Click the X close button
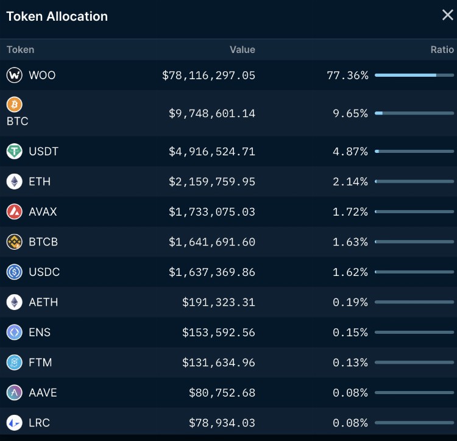[x=447, y=15]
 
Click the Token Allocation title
[x=57, y=16]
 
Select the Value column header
[x=242, y=50]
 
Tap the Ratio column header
[x=442, y=50]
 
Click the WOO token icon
[x=14, y=76]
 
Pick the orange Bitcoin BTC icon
[x=14, y=105]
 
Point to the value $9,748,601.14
[x=212, y=113]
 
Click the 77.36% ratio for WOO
[x=347, y=76]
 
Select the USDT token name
[x=44, y=151]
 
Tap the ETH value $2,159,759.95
[x=212, y=182]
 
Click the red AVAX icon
[x=14, y=212]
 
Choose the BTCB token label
[x=43, y=242]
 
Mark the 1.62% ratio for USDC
[x=350, y=272]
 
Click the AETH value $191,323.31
[x=219, y=302]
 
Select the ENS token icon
[x=14, y=333]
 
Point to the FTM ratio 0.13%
[x=350, y=362]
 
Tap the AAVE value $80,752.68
[x=222, y=393]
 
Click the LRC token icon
[x=14, y=423]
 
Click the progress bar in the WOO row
[x=414, y=76]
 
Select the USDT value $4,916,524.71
[x=212, y=151]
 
